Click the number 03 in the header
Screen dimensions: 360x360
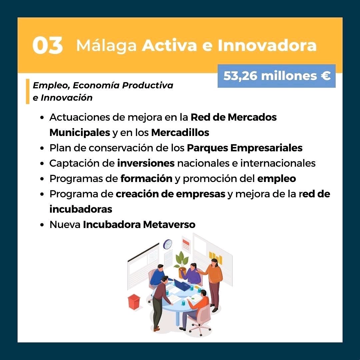[48, 45]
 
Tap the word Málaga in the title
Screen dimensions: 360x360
[107, 46]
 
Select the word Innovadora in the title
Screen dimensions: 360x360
[267, 45]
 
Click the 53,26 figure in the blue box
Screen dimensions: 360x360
[240, 76]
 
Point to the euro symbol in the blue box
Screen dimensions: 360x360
[326, 76]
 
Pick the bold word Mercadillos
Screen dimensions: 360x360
[180, 132]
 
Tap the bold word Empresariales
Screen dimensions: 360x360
[266, 148]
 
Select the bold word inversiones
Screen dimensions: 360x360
[146, 163]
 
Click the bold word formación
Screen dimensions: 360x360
[146, 179]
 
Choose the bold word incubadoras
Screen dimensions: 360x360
[81, 209]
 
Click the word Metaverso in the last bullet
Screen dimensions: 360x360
[169, 225]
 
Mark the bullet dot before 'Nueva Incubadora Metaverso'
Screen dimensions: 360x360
[42, 225]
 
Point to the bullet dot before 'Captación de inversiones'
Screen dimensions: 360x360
[42, 164]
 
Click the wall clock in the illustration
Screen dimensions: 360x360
[168, 244]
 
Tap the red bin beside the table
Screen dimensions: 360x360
[134, 302]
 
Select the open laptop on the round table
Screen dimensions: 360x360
[181, 285]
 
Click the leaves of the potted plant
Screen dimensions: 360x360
[181, 259]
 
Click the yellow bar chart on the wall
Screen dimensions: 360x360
[216, 257]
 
